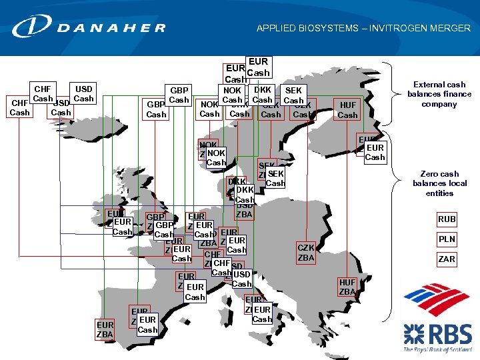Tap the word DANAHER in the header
pyautogui.click(x=111, y=28)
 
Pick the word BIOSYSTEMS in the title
pyautogui.click(x=321, y=29)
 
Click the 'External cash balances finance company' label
pyautogui.click(x=439, y=94)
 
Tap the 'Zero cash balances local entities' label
pyautogui.click(x=439, y=183)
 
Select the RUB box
pyautogui.click(x=447, y=219)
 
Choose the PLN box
pyautogui.click(x=447, y=239)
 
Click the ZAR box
pyautogui.click(x=447, y=259)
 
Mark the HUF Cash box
pyautogui.click(x=347, y=110)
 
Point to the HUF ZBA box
pyautogui.click(x=347, y=287)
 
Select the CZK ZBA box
pyautogui.click(x=306, y=253)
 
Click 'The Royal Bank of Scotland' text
pyautogui.click(x=437, y=349)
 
